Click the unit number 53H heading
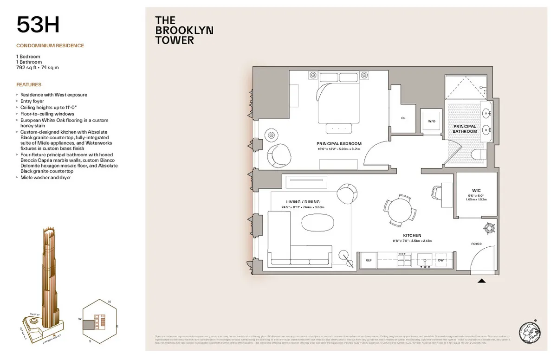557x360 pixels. pyautogui.click(x=38, y=25)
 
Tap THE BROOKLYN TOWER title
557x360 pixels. pyautogui.click(x=184, y=31)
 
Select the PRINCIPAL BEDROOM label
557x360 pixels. pyautogui.click(x=339, y=144)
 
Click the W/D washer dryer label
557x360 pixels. pyautogui.click(x=432, y=121)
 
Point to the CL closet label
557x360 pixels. pyautogui.click(x=403, y=118)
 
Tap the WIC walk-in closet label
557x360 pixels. pyautogui.click(x=476, y=190)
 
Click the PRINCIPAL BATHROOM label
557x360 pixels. pyautogui.click(x=465, y=129)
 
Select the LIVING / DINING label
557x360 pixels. pyautogui.click(x=303, y=202)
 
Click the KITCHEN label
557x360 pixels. pyautogui.click(x=412, y=236)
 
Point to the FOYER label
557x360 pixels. pyautogui.click(x=476, y=244)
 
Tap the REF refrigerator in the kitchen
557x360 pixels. pyautogui.click(x=369, y=261)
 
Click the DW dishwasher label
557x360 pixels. pyautogui.click(x=441, y=261)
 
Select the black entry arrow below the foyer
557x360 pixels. pyautogui.click(x=482, y=280)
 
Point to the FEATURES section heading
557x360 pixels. pyautogui.click(x=29, y=85)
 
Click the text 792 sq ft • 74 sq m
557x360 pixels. pyautogui.click(x=38, y=67)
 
